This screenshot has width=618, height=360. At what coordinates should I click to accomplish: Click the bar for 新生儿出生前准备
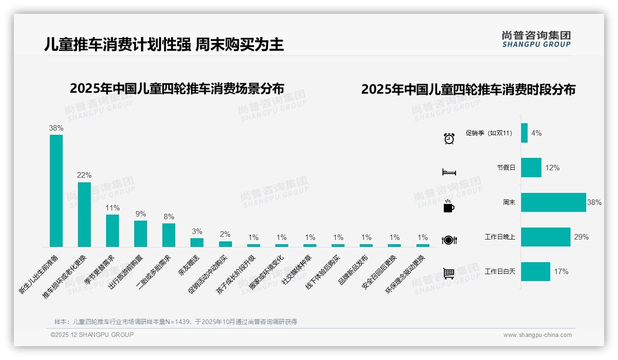click(x=56, y=191)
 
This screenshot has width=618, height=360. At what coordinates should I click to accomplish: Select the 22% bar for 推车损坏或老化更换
click(x=84, y=214)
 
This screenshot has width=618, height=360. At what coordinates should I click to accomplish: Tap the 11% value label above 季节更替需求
click(x=113, y=208)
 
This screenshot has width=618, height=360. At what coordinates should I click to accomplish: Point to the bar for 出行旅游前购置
click(x=141, y=234)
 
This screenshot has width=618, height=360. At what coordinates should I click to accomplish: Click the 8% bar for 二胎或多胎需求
click(x=169, y=235)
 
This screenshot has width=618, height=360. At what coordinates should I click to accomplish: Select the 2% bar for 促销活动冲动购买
click(x=226, y=244)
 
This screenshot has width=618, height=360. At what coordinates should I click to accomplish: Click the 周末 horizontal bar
click(x=553, y=202)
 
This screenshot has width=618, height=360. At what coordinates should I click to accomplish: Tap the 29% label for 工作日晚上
click(x=582, y=237)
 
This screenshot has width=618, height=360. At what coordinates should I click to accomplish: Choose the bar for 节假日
click(x=531, y=168)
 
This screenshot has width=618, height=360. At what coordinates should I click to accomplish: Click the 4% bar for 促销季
click(x=524, y=133)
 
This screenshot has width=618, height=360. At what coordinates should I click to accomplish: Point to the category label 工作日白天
click(x=500, y=271)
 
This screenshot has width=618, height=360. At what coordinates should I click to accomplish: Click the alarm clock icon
click(x=449, y=138)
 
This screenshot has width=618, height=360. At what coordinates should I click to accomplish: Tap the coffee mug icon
click(x=449, y=206)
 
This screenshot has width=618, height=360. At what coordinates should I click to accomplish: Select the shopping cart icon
click(x=449, y=273)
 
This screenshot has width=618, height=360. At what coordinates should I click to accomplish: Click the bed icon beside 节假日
click(x=449, y=172)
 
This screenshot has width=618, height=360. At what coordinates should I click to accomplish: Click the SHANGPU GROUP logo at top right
click(x=536, y=39)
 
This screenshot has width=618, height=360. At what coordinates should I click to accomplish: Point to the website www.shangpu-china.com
click(x=537, y=335)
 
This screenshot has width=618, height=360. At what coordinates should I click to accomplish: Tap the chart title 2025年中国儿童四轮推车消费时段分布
click(x=468, y=89)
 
